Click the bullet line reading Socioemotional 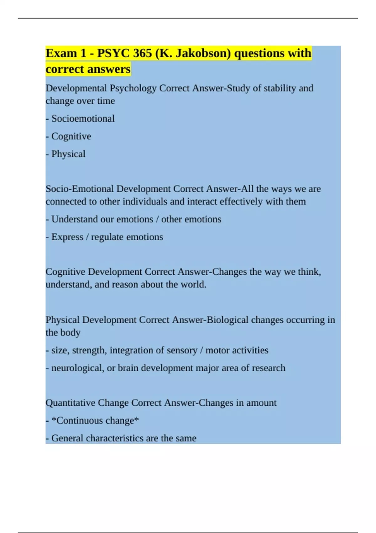[x=83, y=119]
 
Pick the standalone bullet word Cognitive [x=71, y=136]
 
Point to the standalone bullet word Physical [x=68, y=154]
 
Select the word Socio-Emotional [x=80, y=189]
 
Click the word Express [x=67, y=237]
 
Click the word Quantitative [x=70, y=403]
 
